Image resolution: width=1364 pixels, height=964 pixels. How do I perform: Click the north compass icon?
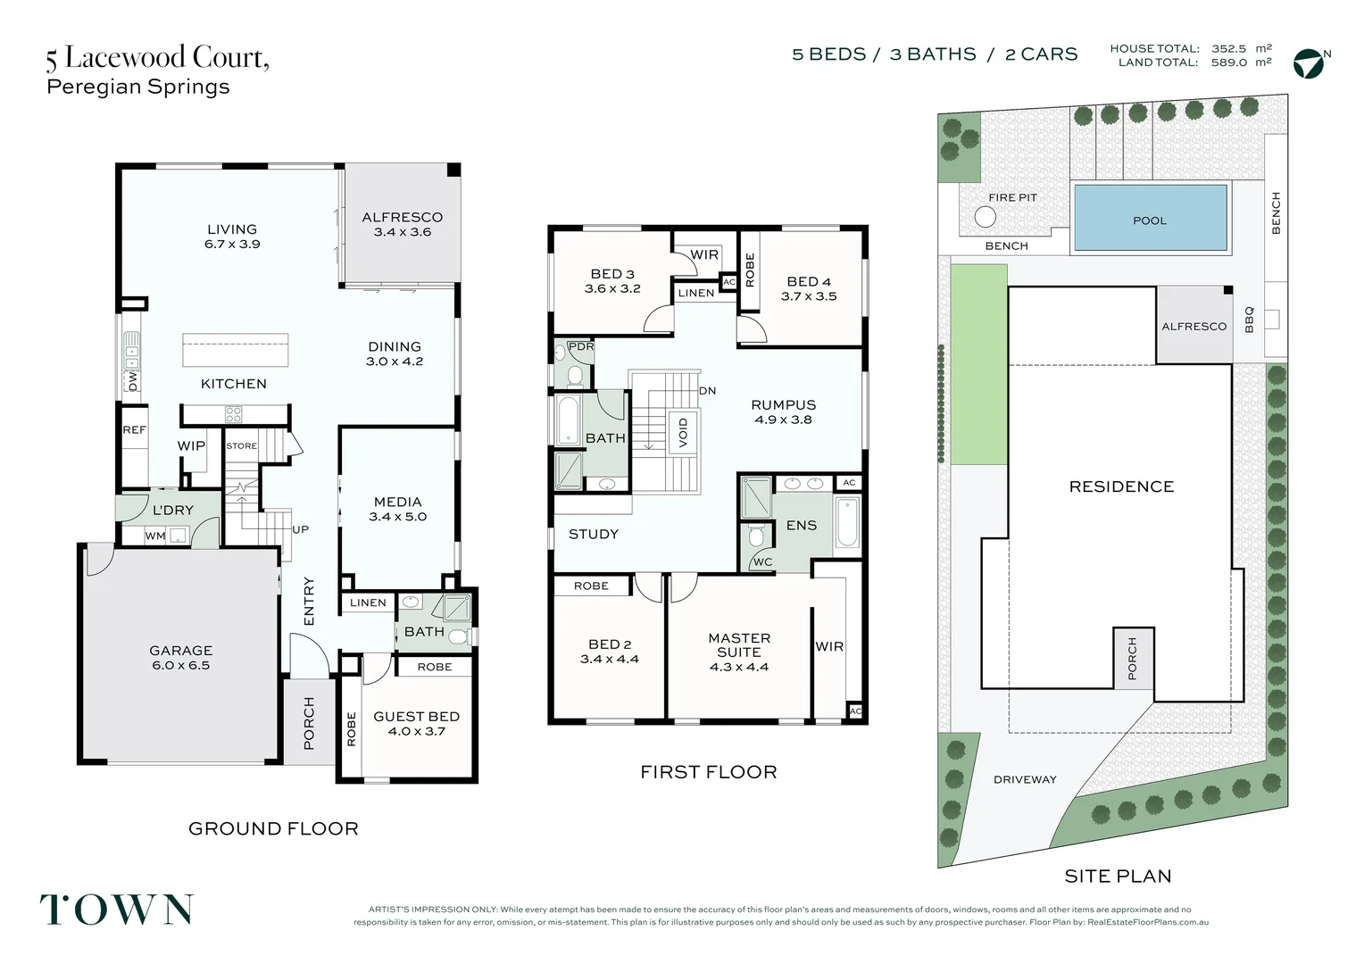pos(1310,64)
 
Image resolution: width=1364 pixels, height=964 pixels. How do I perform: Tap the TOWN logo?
pos(117,910)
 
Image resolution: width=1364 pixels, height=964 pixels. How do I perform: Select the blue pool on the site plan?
pos(1151,218)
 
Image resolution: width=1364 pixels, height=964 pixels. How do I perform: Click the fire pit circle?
pos(985,217)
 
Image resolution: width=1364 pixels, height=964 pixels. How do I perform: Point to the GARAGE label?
pos(181,651)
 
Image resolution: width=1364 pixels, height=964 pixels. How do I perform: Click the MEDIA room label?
pos(397,502)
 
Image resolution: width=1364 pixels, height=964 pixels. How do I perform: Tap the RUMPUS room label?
pos(783,405)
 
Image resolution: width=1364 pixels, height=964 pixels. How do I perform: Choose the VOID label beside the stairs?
pos(683,432)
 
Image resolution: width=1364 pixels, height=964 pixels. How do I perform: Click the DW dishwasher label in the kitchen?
pos(133,381)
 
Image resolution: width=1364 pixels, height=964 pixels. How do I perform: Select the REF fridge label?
pos(134,430)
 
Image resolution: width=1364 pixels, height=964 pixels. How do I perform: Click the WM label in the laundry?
pos(154,536)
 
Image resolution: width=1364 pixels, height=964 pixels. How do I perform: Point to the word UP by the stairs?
pos(300,529)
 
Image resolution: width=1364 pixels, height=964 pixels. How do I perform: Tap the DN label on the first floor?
pos(707,390)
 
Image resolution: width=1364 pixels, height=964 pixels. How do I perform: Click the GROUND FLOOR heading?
pos(273,828)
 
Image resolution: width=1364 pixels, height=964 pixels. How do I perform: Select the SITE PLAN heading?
pos(1118,876)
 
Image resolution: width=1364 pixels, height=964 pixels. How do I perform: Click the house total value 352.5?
pos(1229,49)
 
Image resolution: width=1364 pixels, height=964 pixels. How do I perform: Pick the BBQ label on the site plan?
pos(1250,320)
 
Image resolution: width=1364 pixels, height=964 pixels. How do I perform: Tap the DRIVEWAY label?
pos(1025,779)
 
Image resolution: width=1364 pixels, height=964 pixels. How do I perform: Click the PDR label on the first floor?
pos(580,346)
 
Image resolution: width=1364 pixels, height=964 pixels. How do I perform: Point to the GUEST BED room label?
pos(417,717)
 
